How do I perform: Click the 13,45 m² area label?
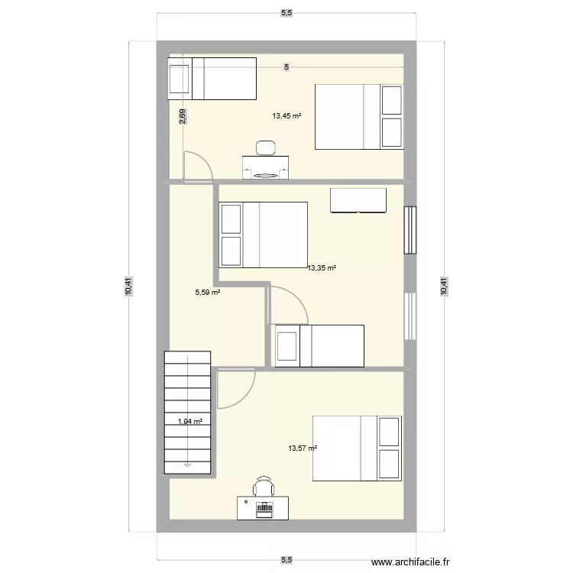point(286,117)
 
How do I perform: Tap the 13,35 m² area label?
point(322,268)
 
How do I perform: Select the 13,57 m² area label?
point(303,448)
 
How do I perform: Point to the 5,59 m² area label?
point(208,292)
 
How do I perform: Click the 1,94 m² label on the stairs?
point(190,421)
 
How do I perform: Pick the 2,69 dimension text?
point(183,117)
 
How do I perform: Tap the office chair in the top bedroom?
point(266,147)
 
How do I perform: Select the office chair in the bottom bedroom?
point(264,486)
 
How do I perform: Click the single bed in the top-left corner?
point(212,79)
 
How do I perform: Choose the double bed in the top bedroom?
point(359,116)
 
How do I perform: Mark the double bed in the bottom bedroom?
point(356,448)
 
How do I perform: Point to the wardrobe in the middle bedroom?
point(358,200)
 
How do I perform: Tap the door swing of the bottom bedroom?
point(234,388)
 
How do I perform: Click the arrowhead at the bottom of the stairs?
point(188,463)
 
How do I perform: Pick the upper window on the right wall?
point(411,231)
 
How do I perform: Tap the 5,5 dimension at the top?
point(286,12)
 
